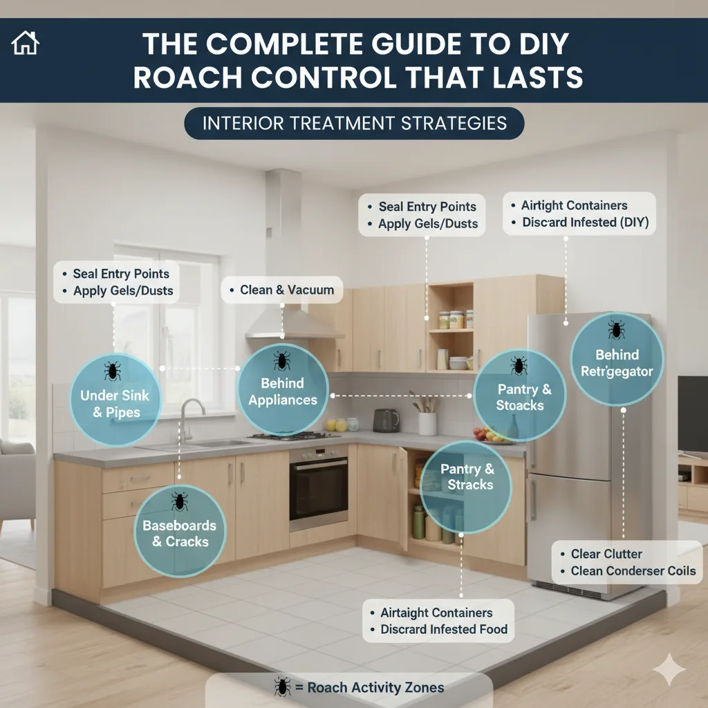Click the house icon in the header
(26, 43)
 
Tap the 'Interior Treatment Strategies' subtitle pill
(354, 123)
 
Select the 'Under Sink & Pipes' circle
(115, 400)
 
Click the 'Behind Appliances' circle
(283, 389)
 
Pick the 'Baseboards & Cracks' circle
(180, 531)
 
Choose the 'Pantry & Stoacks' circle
(520, 395)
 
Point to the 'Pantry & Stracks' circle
(466, 487)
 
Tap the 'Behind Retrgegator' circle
(617, 360)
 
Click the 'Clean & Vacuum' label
(282, 290)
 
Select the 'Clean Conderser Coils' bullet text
(633, 570)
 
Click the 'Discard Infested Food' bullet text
(444, 629)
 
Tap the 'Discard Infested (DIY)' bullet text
(585, 222)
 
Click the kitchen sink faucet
(189, 420)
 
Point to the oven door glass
(319, 490)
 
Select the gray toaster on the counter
(386, 420)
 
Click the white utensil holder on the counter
(427, 424)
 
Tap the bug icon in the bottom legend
(283, 687)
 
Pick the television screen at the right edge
(693, 413)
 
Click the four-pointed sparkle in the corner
(669, 669)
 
